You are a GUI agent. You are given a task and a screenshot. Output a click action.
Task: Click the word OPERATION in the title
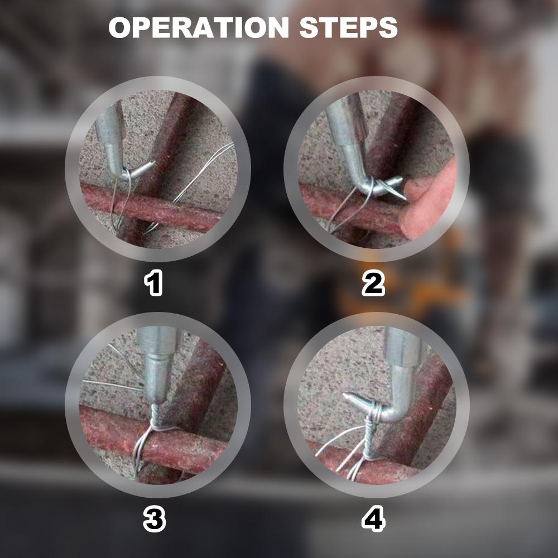pos(199,27)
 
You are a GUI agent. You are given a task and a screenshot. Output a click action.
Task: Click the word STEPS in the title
pos(348,27)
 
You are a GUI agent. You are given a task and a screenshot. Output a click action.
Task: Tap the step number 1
pos(153,283)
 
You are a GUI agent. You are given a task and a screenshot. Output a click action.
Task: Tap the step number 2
pos(373,283)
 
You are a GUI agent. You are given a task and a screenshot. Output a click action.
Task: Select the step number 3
pos(155,519)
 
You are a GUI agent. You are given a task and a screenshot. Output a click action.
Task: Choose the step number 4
pos(373,519)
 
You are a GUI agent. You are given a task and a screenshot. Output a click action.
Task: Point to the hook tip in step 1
pos(155,163)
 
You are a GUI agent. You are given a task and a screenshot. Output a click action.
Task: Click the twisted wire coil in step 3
pos(155,416)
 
